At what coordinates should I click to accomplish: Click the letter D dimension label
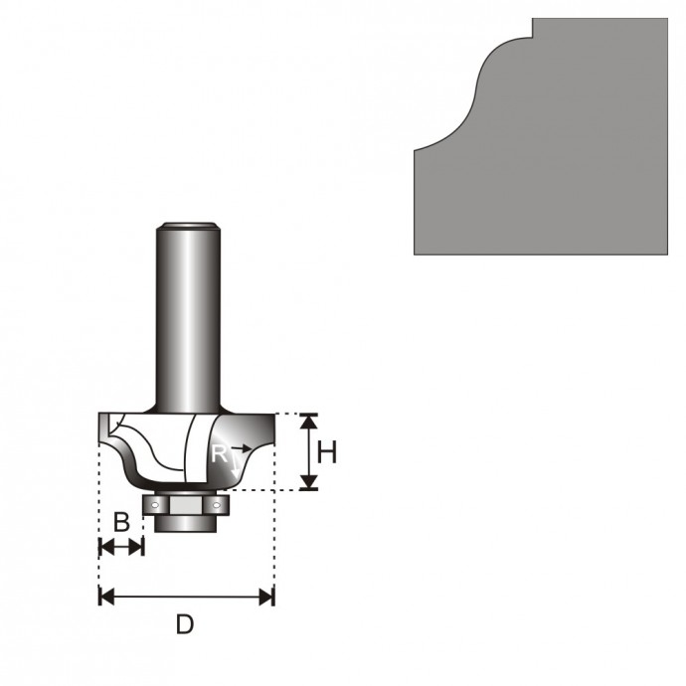[x=185, y=624]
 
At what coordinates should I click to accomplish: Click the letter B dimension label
[x=121, y=522]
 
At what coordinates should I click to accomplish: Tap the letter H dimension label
[x=327, y=452]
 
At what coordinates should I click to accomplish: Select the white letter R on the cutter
[x=219, y=453]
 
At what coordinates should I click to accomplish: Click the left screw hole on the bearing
[x=154, y=505]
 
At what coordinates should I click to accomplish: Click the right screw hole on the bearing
[x=216, y=505]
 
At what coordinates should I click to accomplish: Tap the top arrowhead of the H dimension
[x=309, y=421]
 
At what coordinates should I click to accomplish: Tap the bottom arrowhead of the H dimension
[x=309, y=481]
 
